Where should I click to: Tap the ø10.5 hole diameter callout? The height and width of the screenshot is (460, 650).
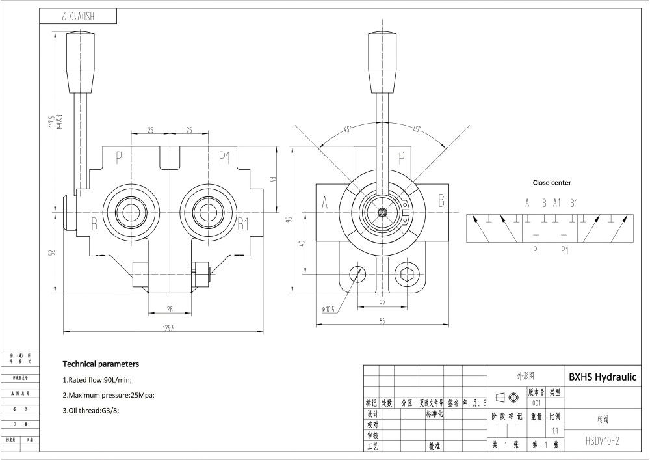328,309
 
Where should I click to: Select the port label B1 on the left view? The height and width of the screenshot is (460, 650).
243,225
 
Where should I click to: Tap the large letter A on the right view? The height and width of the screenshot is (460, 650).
324,203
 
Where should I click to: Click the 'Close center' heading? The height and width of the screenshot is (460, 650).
552,183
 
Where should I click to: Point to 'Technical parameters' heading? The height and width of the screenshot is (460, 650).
101,364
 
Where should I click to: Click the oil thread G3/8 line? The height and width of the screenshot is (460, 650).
92,410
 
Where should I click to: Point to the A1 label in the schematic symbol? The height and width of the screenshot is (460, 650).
556,202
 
